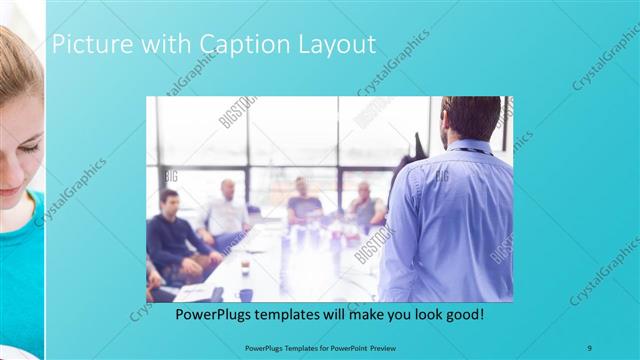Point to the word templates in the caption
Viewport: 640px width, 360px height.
[x=302, y=314]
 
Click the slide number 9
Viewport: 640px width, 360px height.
[x=590, y=347]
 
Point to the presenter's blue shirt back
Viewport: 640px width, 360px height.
[x=450, y=220]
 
